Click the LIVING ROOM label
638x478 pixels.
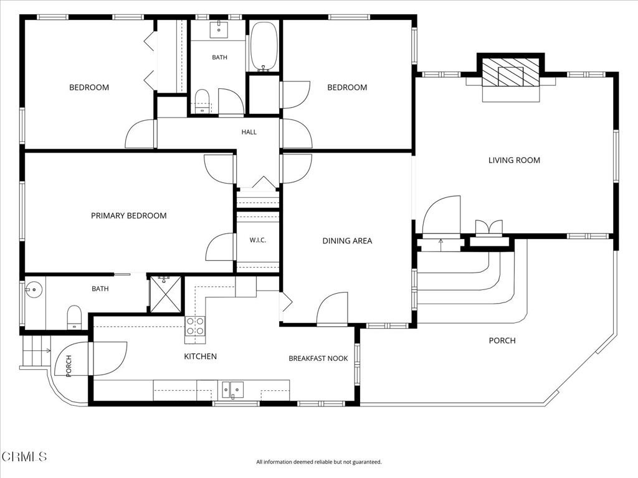514,160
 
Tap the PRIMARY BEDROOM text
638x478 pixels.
128,215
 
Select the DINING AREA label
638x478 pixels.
347,241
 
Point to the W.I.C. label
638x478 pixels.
257,240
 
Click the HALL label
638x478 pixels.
249,132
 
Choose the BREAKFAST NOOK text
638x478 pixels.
318,358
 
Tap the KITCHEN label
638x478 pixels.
200,356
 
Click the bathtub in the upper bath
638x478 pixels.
264,46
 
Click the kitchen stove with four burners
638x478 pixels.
195,326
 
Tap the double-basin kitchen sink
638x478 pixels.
233,390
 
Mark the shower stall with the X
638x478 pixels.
166,294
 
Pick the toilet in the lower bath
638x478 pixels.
74,317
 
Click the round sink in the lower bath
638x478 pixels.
34,289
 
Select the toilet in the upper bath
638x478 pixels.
202,101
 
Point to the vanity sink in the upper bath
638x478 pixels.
219,29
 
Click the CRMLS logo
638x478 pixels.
24,456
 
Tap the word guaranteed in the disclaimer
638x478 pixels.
368,462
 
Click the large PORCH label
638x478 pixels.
502,340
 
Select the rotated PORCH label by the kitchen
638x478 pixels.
69,366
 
